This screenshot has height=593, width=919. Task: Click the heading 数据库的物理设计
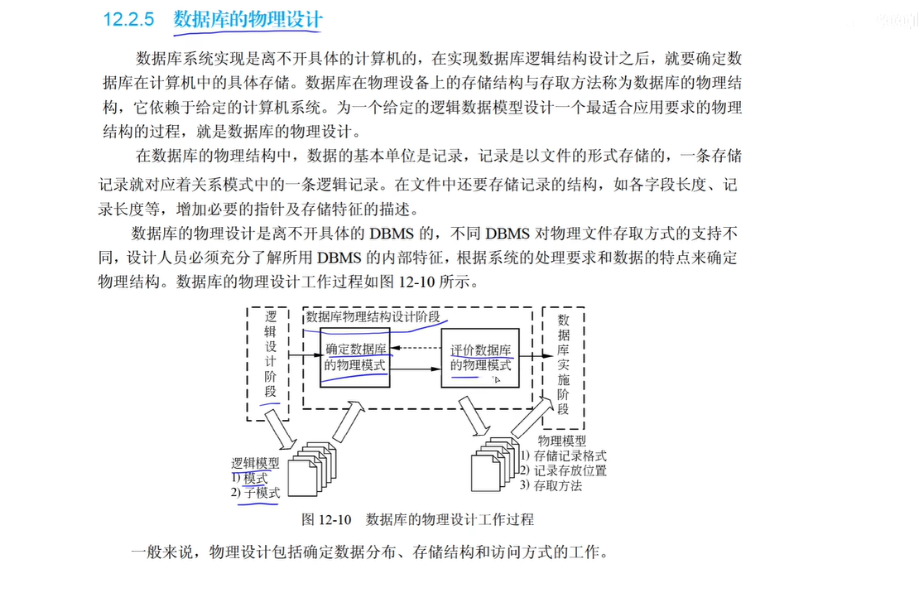pos(248,21)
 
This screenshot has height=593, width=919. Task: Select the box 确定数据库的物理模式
pos(355,356)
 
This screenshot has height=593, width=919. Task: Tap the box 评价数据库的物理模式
pos(480,357)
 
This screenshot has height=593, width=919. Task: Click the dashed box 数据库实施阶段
pos(563,364)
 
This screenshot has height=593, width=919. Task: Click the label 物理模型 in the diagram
pos(561,441)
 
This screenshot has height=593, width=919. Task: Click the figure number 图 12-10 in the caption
pos(328,519)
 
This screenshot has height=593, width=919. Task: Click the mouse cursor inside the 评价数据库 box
pos(498,379)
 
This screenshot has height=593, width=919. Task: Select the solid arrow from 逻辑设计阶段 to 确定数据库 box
pos(303,357)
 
